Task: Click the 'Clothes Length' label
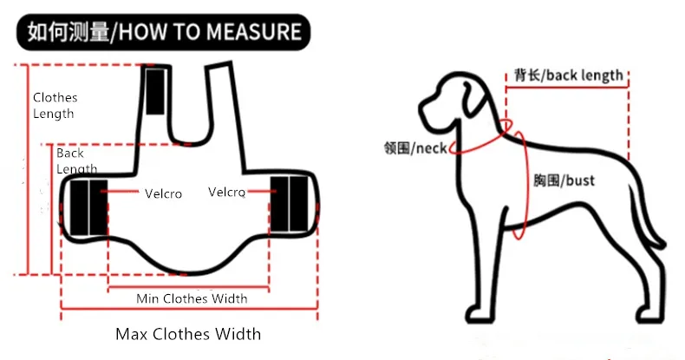pyautogui.click(x=55, y=106)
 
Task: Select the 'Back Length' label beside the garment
pyautogui.click(x=76, y=160)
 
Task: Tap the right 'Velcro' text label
pyautogui.click(x=226, y=192)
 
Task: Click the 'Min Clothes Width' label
pyautogui.click(x=192, y=298)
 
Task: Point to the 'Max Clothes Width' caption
pyautogui.click(x=188, y=334)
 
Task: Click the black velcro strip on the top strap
pyautogui.click(x=154, y=91)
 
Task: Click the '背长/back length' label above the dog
pyautogui.click(x=568, y=75)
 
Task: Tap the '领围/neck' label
pyautogui.click(x=414, y=148)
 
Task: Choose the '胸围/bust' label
pyautogui.click(x=564, y=180)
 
